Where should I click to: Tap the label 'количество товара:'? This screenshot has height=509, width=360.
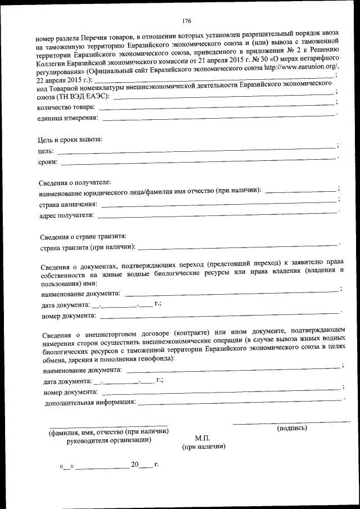pos(65,107)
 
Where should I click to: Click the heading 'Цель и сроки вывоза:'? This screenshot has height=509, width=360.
pos(70,139)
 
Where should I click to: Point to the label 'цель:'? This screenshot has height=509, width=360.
pos(46,151)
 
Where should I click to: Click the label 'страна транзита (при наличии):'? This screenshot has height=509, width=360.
pos(88,246)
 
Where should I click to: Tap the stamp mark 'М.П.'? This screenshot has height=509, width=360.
pos(202,438)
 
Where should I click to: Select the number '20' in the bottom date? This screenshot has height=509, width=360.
pos(134,465)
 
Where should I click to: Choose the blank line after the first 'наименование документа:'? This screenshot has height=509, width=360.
pos(231,292)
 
